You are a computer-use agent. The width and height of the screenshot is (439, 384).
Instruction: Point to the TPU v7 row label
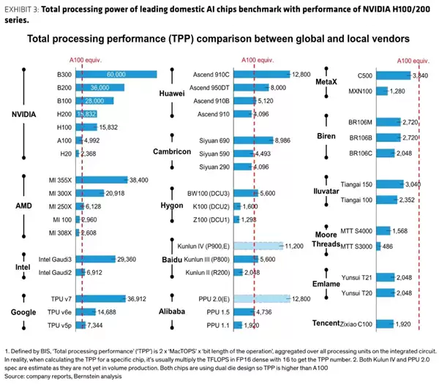click(58, 298)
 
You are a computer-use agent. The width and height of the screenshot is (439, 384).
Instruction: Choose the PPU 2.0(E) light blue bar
click(262, 298)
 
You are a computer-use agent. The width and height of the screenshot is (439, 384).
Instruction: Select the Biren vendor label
click(326, 136)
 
